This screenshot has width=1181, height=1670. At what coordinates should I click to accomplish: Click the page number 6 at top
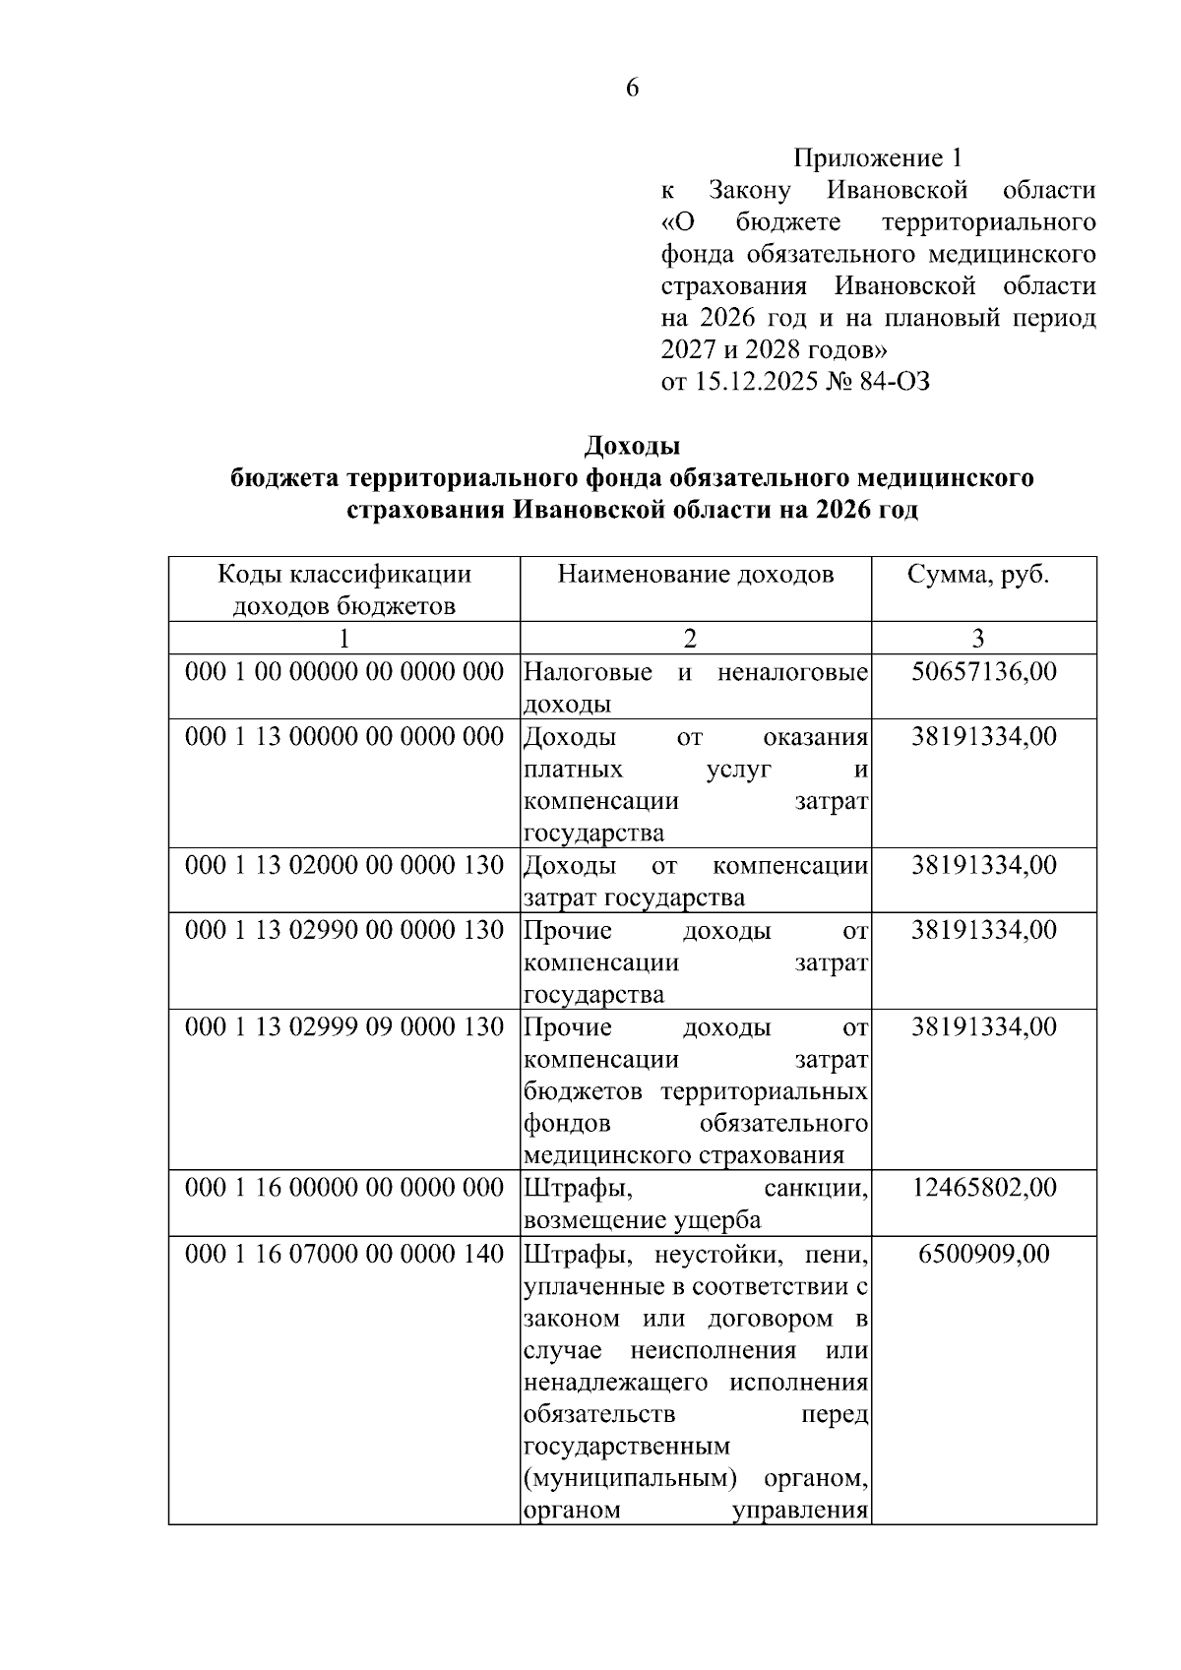[632, 89]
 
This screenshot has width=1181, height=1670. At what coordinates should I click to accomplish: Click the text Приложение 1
[877, 157]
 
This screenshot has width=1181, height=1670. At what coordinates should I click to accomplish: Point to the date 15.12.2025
[757, 382]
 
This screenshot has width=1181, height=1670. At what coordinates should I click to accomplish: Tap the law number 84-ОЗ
[894, 382]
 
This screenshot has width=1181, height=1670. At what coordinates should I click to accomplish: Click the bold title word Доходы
[632, 447]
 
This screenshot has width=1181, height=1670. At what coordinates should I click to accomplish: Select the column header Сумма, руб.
[977, 575]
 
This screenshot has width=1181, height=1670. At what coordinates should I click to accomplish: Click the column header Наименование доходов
[695, 575]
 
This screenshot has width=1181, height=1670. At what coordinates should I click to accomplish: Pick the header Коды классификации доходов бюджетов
[343, 589]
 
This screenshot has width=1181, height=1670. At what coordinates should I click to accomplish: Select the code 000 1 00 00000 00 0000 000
[343, 672]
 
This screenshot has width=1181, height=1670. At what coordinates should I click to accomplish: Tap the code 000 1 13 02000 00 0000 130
[343, 865]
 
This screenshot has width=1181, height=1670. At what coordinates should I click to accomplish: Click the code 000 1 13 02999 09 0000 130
[343, 1026]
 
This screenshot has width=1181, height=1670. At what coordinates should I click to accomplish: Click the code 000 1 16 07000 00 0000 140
[343, 1254]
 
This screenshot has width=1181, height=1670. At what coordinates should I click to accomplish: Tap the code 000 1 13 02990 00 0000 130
[343, 930]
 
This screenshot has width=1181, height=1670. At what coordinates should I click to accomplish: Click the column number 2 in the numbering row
[690, 639]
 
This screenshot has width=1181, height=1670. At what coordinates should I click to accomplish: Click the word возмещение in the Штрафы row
[582, 1220]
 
